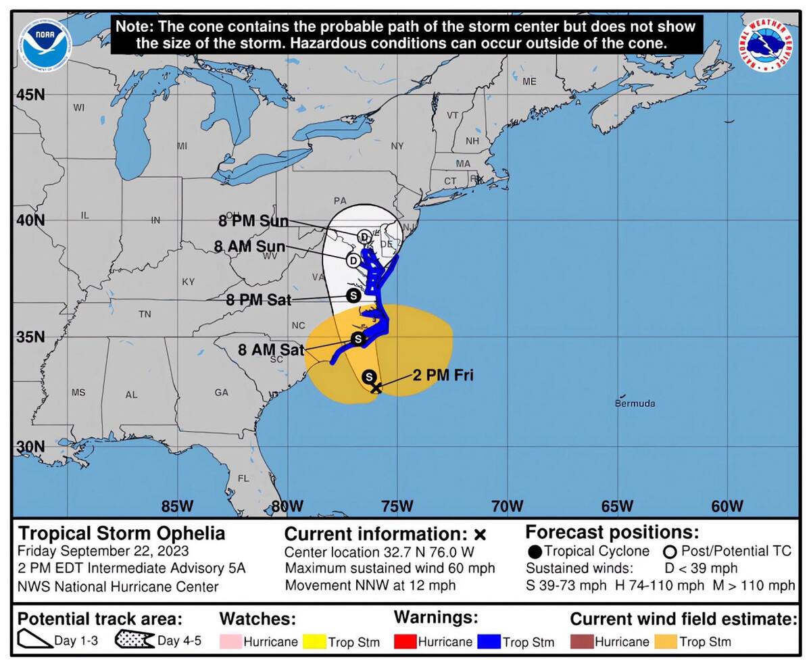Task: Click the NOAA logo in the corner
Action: [x=45, y=45]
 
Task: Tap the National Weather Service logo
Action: [x=766, y=44]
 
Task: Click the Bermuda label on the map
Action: [x=635, y=403]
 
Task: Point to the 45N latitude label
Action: [x=30, y=95]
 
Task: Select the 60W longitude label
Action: [x=727, y=506]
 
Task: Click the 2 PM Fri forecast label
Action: [x=443, y=375]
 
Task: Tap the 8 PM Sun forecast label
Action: [x=253, y=221]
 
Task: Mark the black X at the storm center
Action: [x=376, y=387]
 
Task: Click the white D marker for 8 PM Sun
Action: [x=364, y=237]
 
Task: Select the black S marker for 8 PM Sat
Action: [x=353, y=295]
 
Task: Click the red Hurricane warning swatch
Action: [x=404, y=641]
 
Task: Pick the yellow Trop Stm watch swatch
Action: [x=314, y=641]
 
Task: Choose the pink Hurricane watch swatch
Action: [x=230, y=641]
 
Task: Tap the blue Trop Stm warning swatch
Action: [x=489, y=641]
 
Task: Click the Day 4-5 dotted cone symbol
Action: [x=134, y=639]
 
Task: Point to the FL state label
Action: [x=243, y=478]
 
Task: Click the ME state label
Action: [x=529, y=82]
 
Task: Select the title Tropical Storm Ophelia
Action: [x=122, y=533]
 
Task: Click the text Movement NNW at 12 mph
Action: [x=370, y=585]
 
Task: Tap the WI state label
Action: [x=79, y=107]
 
